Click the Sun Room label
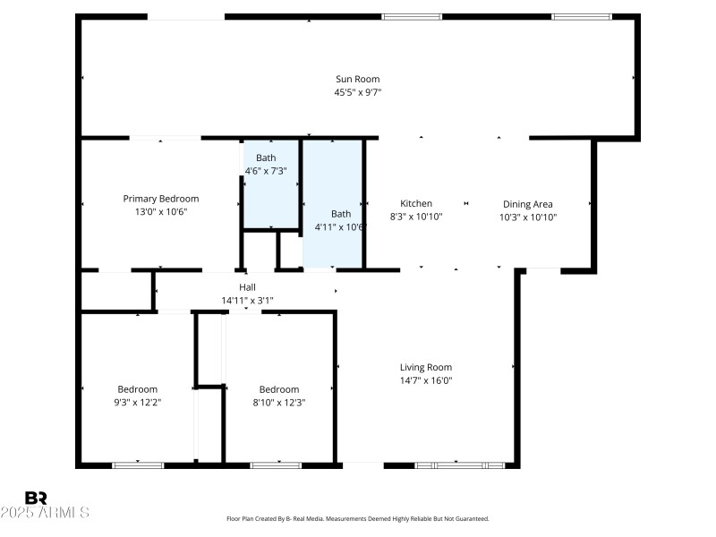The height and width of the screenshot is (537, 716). point(358,79)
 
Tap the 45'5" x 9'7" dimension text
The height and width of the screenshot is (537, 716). point(358,91)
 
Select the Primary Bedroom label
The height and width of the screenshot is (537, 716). point(161,199)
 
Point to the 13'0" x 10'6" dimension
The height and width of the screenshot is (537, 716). point(161,212)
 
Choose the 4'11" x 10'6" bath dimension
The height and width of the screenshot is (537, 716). point(341,226)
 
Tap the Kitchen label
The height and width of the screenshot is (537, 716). point(416,203)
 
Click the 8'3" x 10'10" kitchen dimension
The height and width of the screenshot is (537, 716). point(416,217)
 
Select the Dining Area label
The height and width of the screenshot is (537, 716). point(528,203)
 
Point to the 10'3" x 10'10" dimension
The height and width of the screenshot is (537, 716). point(528,217)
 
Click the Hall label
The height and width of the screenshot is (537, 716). point(247,287)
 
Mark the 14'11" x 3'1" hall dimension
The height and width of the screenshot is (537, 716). point(247,301)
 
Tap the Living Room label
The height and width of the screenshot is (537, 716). point(426,367)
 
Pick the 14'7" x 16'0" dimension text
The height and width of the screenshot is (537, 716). point(426,380)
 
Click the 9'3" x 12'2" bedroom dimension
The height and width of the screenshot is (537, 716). point(138,402)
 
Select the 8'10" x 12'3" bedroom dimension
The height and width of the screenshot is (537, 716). point(279,402)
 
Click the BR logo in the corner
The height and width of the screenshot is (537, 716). point(36,498)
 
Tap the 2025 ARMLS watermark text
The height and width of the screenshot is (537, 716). point(45,513)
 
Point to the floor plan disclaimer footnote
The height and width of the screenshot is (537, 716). point(358,518)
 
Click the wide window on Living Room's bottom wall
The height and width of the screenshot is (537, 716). point(460,465)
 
